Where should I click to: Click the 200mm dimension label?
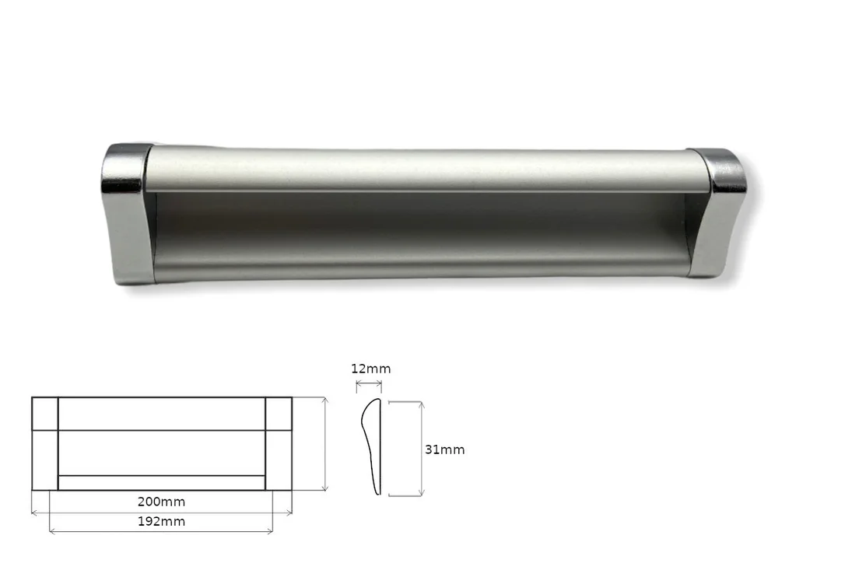point(161,502)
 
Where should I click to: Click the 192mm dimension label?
point(161,522)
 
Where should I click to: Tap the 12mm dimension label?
point(371,369)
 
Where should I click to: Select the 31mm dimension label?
point(444,449)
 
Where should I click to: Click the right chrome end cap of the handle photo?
point(718,212)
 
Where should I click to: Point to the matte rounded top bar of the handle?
point(426,170)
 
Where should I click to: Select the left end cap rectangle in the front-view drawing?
point(44,444)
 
